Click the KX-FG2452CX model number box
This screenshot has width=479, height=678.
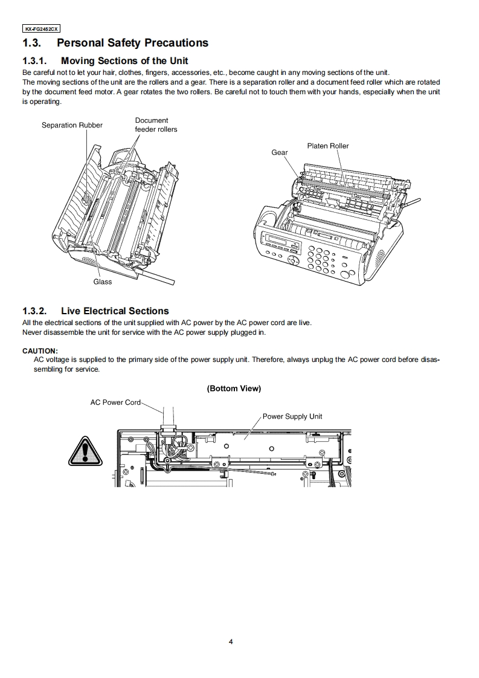point(41,28)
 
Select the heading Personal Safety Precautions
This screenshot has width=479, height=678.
point(132,43)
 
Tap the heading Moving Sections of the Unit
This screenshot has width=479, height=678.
point(124,60)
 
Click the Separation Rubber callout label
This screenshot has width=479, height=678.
point(72,125)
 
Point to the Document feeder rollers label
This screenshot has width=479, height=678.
point(155,124)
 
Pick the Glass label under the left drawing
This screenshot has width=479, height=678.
point(102,282)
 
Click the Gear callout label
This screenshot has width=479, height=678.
point(279,152)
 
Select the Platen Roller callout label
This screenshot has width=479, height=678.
point(327,146)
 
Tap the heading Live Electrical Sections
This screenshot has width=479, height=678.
point(115,311)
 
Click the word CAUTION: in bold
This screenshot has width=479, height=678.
point(40,350)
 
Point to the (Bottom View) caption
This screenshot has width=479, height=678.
point(234,389)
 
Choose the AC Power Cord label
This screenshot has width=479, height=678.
point(115,402)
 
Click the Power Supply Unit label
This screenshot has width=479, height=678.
point(292,416)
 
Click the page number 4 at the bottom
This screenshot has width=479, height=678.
point(231,642)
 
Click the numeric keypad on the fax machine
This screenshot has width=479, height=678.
point(319,260)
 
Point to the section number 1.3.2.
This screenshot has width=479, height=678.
point(34,311)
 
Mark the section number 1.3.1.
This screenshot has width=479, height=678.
point(34,60)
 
